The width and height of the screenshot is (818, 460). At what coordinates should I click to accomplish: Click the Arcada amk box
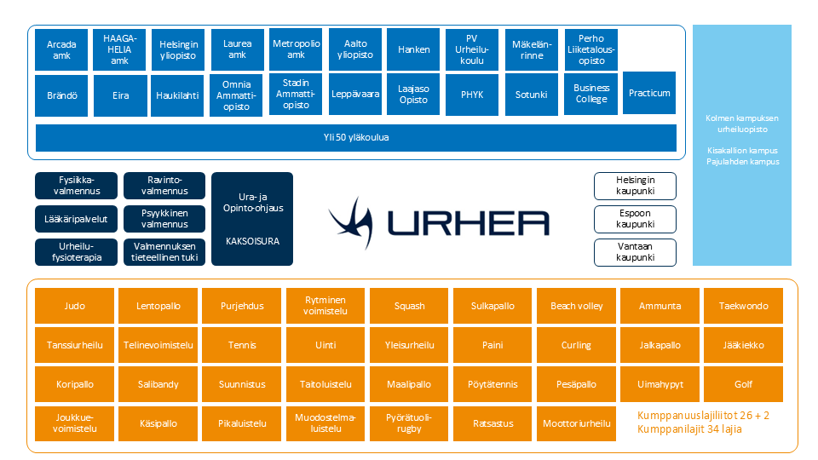click(61, 49)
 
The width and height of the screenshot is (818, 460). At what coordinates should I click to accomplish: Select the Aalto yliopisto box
click(355, 49)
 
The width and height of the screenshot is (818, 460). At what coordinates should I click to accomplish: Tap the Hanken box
click(413, 49)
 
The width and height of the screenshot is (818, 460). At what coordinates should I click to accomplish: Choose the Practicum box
click(649, 93)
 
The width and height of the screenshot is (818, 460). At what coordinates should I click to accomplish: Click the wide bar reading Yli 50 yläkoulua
click(355, 137)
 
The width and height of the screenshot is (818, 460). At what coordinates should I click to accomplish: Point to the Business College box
click(590, 94)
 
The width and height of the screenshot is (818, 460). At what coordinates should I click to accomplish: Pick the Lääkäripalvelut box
click(76, 219)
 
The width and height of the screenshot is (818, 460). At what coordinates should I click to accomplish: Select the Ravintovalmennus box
click(164, 186)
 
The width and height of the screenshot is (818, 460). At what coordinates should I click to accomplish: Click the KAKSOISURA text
click(252, 241)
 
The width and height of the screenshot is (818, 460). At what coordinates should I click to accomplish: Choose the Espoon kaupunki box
click(634, 219)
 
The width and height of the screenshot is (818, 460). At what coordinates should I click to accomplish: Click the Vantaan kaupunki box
click(634, 252)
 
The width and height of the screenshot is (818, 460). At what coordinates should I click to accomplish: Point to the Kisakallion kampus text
click(741, 151)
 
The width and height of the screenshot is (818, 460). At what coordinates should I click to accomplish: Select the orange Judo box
click(75, 306)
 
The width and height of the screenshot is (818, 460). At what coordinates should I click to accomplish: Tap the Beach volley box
click(576, 306)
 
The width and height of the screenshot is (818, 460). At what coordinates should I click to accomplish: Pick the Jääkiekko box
click(743, 345)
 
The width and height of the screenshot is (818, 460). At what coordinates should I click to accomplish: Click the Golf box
click(743, 384)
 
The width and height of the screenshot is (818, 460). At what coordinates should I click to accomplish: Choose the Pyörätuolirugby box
click(409, 423)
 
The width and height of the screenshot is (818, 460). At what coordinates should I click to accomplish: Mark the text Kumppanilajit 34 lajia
click(689, 429)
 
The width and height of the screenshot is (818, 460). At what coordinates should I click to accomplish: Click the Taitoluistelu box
click(325, 384)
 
